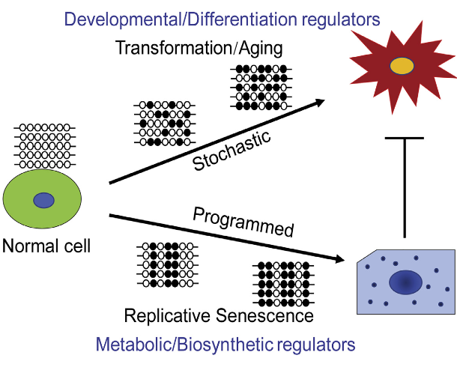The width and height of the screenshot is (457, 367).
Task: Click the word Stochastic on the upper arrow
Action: coord(231,149)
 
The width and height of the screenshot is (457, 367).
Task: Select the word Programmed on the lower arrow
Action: coord(243,222)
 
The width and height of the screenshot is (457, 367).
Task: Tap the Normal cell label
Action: coord(46,245)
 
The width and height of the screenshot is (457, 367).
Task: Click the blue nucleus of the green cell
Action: coord(44,200)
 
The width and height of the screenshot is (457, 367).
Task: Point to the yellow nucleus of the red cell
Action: coord(402,66)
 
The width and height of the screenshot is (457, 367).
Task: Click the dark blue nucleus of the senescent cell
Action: coord(405,282)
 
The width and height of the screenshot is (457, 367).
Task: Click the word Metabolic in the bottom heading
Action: coord(130,345)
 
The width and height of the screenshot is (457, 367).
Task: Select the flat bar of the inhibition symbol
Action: coord(405,138)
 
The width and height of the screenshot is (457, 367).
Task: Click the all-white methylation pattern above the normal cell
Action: coord(44,147)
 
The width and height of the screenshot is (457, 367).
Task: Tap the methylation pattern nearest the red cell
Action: coord(261,87)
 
